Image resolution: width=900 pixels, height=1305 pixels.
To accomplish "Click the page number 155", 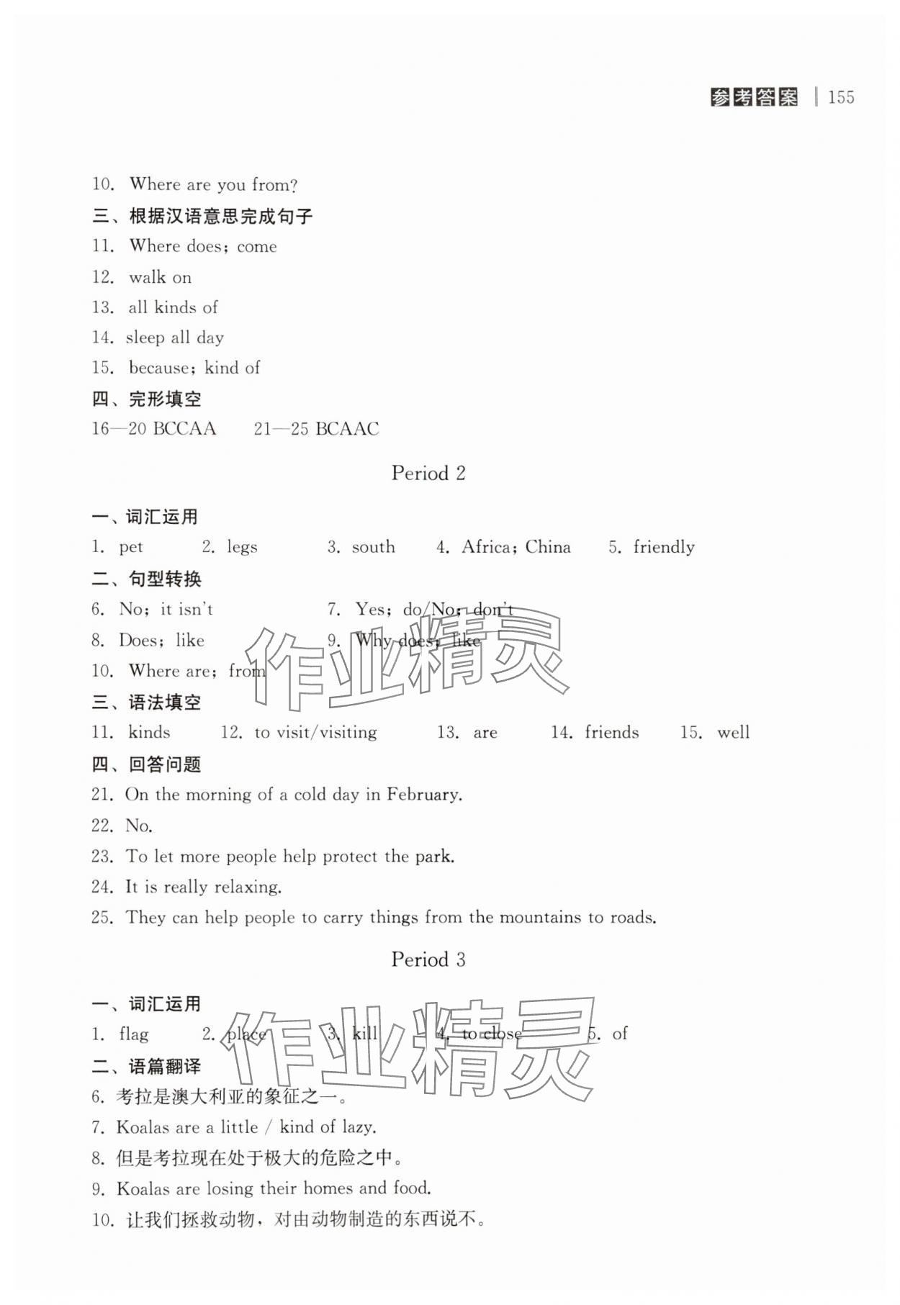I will coord(841,97).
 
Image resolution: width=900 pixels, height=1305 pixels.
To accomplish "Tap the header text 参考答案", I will coord(754,97).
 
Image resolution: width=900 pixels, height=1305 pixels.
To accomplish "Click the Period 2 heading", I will coord(428,473).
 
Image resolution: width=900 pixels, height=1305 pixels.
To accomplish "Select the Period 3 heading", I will coord(428,959).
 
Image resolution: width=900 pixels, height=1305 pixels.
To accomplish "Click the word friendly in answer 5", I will coord(664,548).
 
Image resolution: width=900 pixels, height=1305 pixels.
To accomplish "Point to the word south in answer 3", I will coord(373,547).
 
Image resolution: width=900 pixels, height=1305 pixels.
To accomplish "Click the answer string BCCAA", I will coord(184,429).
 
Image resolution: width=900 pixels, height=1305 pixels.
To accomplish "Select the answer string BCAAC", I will coord(347,429).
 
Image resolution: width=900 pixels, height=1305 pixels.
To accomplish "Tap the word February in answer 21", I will coord(423,795).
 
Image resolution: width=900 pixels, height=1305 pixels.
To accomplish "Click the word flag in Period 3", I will coord(134,1034).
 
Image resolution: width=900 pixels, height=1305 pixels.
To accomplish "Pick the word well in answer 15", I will coord(733,733).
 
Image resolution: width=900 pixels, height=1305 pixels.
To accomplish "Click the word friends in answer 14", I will coord(611,733).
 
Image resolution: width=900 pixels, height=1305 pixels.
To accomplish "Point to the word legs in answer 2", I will coord(242,548).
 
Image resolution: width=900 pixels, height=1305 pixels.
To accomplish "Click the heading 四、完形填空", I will coord(147,399).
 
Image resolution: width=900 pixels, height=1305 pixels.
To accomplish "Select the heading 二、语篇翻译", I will coord(147,1066).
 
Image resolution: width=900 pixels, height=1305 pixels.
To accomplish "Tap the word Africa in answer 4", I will coord(487,547).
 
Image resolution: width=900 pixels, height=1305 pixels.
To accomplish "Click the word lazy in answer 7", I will coord(357,1127).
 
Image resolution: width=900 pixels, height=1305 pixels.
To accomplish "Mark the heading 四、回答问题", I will coord(147,764).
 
